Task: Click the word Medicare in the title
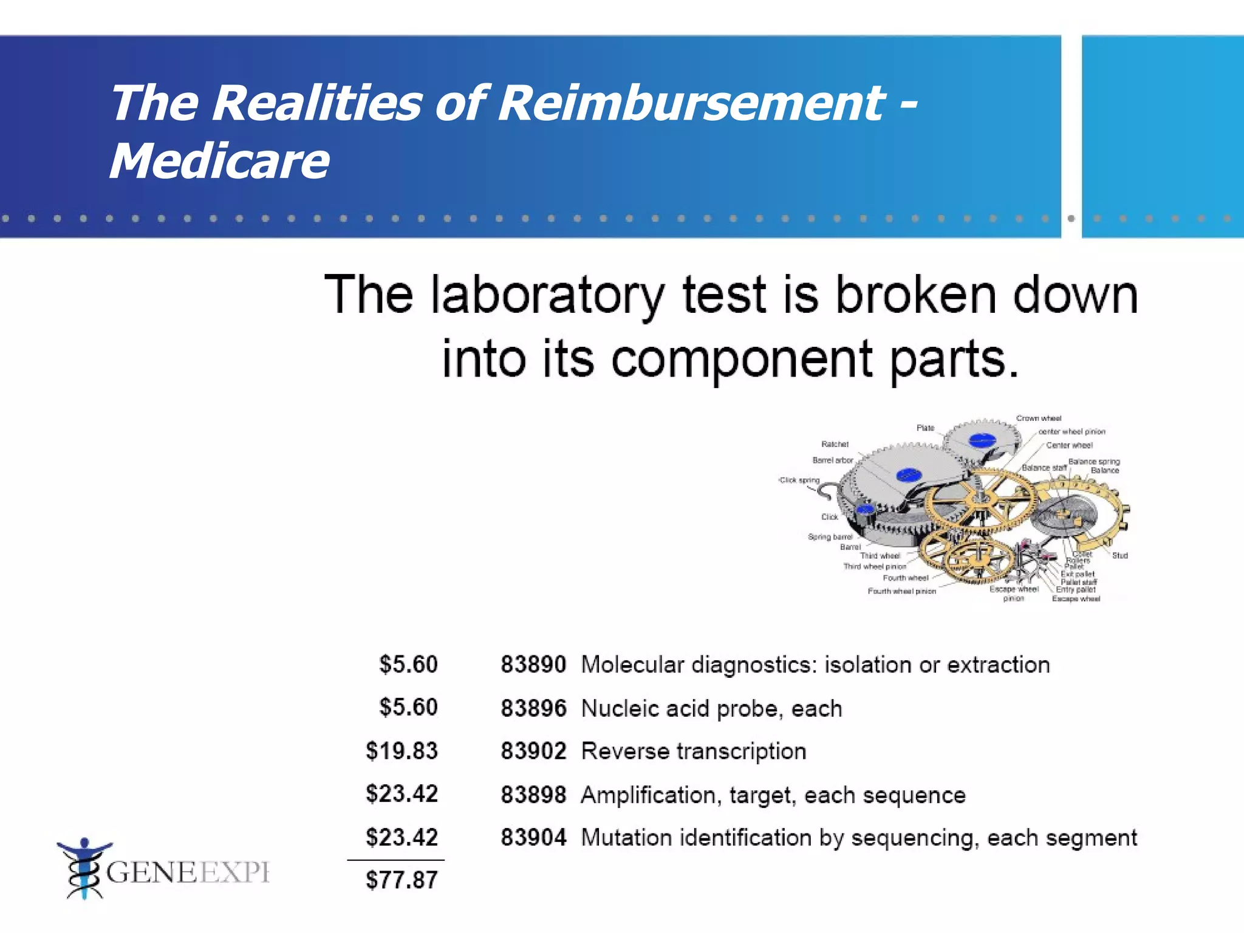219,161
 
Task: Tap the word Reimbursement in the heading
692,103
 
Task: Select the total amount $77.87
402,880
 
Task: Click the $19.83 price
402,751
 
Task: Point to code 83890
533,665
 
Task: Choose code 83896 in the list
533,708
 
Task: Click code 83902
533,751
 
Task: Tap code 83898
533,795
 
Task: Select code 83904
533,838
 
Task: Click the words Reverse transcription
694,751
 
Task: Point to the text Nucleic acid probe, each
711,708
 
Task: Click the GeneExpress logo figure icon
84,868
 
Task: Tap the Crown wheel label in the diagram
1039,419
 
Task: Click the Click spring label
799,480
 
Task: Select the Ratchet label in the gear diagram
835,444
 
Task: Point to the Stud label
1119,555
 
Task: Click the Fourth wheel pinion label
901,591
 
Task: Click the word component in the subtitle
742,359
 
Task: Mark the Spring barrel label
830,537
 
